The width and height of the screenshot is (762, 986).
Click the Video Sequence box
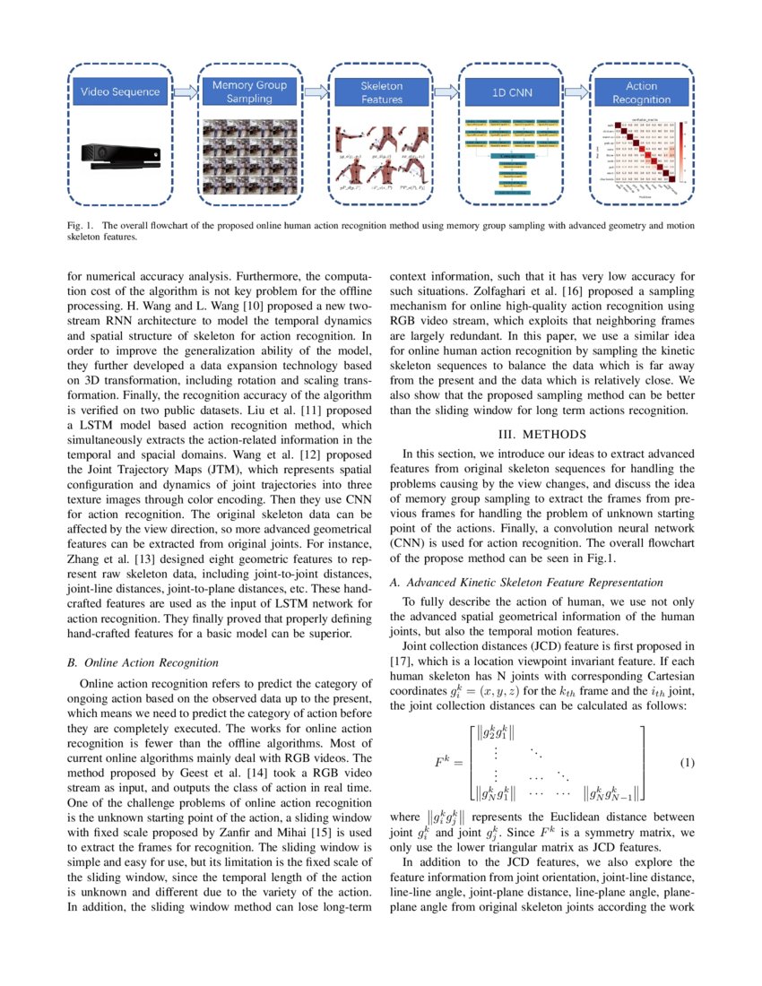pos(120,91)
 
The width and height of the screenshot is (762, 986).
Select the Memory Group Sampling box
pos(250,91)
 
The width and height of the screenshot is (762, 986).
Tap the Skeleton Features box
pos(381,92)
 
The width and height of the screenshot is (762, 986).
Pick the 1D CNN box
pos(512,91)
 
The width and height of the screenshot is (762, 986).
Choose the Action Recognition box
pos(641,92)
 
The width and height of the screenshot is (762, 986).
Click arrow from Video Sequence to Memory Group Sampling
pos(185,91)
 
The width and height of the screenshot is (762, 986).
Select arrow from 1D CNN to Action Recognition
pos(576,91)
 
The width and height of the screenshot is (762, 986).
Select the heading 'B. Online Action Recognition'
pos(143,662)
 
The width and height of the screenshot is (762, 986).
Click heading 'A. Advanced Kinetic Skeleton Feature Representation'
pos(526,583)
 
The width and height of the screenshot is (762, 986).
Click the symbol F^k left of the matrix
pos(447,763)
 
